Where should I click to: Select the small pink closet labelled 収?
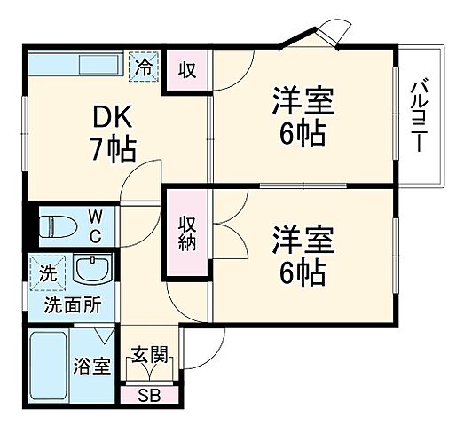pyautogui.click(x=187, y=69)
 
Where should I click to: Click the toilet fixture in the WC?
pyautogui.click(x=60, y=226)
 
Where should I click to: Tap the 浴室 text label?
pyautogui.click(x=91, y=365)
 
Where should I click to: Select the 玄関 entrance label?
pyautogui.click(x=149, y=356)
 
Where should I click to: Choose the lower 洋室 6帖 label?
pyautogui.click(x=303, y=255)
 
